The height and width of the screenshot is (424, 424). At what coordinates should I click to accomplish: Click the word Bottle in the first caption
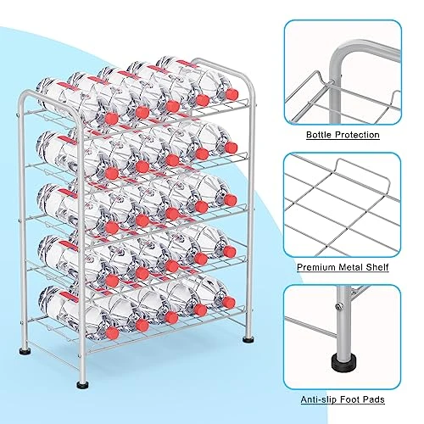click(x=319, y=135)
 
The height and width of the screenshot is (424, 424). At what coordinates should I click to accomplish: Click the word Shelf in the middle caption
click(x=377, y=267)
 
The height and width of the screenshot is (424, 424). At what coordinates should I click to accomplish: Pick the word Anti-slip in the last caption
click(x=318, y=399)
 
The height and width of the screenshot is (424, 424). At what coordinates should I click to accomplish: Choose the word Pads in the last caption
click(x=373, y=399)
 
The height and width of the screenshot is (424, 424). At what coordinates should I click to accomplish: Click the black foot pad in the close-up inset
click(x=343, y=361)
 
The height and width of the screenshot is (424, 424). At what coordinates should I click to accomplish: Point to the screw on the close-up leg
click(x=338, y=305)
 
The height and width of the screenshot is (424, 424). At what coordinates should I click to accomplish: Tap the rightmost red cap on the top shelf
click(x=232, y=94)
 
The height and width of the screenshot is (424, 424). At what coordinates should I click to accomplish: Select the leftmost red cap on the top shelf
click(x=112, y=119)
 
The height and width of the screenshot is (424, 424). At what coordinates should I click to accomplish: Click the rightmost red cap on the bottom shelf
click(x=229, y=303)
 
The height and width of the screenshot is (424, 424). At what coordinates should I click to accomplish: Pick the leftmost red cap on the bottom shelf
click(x=113, y=333)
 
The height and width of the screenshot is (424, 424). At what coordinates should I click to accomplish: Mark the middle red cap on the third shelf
click(x=172, y=214)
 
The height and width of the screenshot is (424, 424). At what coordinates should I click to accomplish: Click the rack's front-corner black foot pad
click(x=82, y=384)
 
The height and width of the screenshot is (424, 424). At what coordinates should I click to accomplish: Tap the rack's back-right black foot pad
click(x=248, y=339)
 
